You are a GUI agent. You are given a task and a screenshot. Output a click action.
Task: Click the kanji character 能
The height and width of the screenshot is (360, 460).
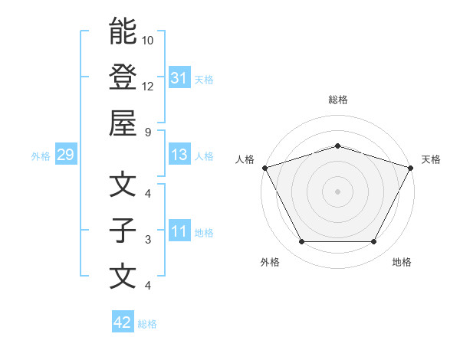coord(123,31)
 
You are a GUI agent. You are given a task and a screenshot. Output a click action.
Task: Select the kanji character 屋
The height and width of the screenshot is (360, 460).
coord(123,122)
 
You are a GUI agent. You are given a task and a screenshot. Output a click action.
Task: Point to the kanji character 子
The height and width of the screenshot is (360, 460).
coord(123,231)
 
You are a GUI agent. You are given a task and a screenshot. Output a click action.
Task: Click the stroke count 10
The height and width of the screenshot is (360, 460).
coord(148,40)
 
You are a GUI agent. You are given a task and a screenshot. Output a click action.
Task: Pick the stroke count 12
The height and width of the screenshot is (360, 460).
coord(148,86)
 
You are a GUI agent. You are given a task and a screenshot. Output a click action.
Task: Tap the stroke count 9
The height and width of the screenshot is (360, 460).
coord(148,131)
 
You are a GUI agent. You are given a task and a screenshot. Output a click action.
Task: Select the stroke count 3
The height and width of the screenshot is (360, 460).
coord(148,240)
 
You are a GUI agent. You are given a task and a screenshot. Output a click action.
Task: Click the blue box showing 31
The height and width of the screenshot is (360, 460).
coord(179,78)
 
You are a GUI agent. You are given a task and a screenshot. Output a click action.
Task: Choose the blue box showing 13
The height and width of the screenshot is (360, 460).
coord(179,155)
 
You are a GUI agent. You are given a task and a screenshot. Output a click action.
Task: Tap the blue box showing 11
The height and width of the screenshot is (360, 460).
coord(179,232)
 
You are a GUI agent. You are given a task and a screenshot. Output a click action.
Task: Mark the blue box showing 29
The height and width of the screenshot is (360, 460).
coord(65,155)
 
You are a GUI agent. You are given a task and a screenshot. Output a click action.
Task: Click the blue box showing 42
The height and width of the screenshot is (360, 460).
coord(123,323)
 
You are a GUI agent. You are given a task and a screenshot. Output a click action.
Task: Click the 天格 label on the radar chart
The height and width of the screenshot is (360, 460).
coord(432,159)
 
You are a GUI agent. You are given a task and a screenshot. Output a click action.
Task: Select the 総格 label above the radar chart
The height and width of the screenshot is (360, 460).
coord(338,100)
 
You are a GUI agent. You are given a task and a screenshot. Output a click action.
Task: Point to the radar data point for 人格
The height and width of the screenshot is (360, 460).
coord(264,167)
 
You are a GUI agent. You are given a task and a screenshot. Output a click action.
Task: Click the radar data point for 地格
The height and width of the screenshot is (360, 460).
coord(374,242)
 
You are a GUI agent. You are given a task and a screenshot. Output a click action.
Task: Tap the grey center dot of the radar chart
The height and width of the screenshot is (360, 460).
coord(338,191)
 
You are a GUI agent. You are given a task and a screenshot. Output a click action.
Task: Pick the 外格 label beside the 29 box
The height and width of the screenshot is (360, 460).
coord(41,156)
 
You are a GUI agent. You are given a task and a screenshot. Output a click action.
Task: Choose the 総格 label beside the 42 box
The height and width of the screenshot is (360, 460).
coord(147,324)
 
